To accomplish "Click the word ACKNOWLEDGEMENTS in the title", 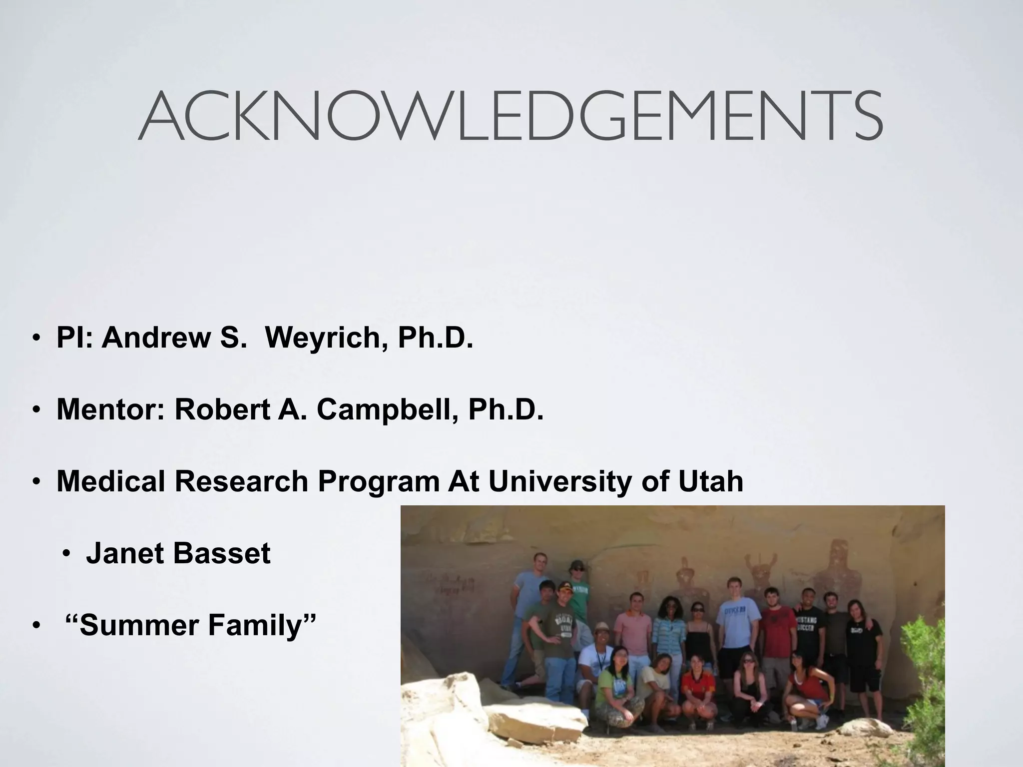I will point(511,116).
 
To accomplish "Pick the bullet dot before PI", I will point(36,339).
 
